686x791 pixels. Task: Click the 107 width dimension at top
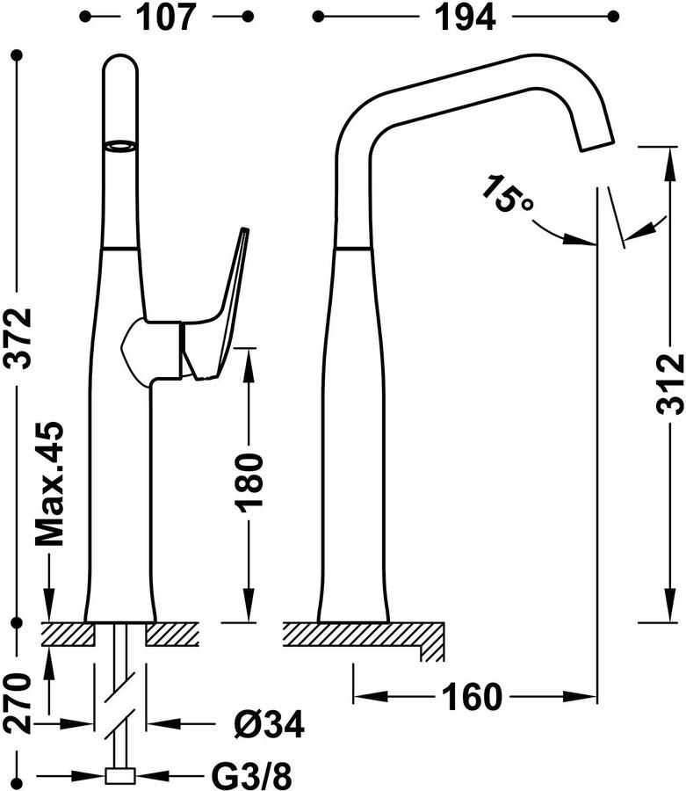tap(166, 18)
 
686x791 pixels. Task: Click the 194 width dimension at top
tap(465, 18)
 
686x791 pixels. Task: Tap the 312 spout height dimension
tap(670, 384)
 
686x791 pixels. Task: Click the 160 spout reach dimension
tap(472, 697)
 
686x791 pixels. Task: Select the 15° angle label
tap(507, 194)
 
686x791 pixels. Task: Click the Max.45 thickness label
tap(49, 483)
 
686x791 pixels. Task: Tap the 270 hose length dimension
tap(18, 703)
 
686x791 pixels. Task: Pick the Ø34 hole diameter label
tap(269, 724)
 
